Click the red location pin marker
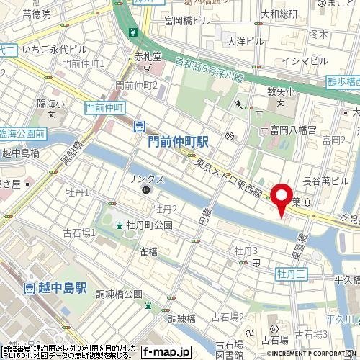pos(280,199)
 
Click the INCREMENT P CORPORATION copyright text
pos(312,354)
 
